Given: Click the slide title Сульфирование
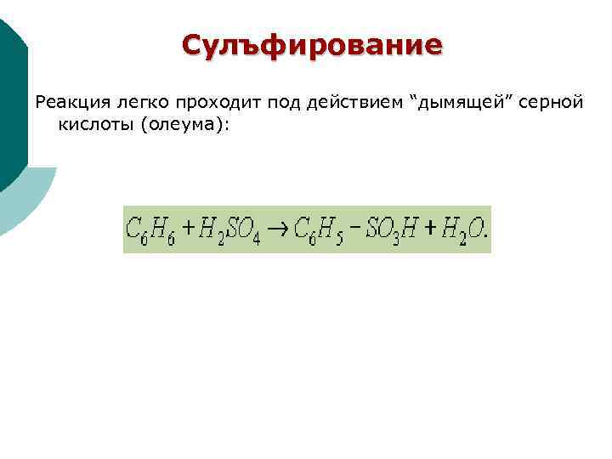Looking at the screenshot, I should click(x=312, y=45).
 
